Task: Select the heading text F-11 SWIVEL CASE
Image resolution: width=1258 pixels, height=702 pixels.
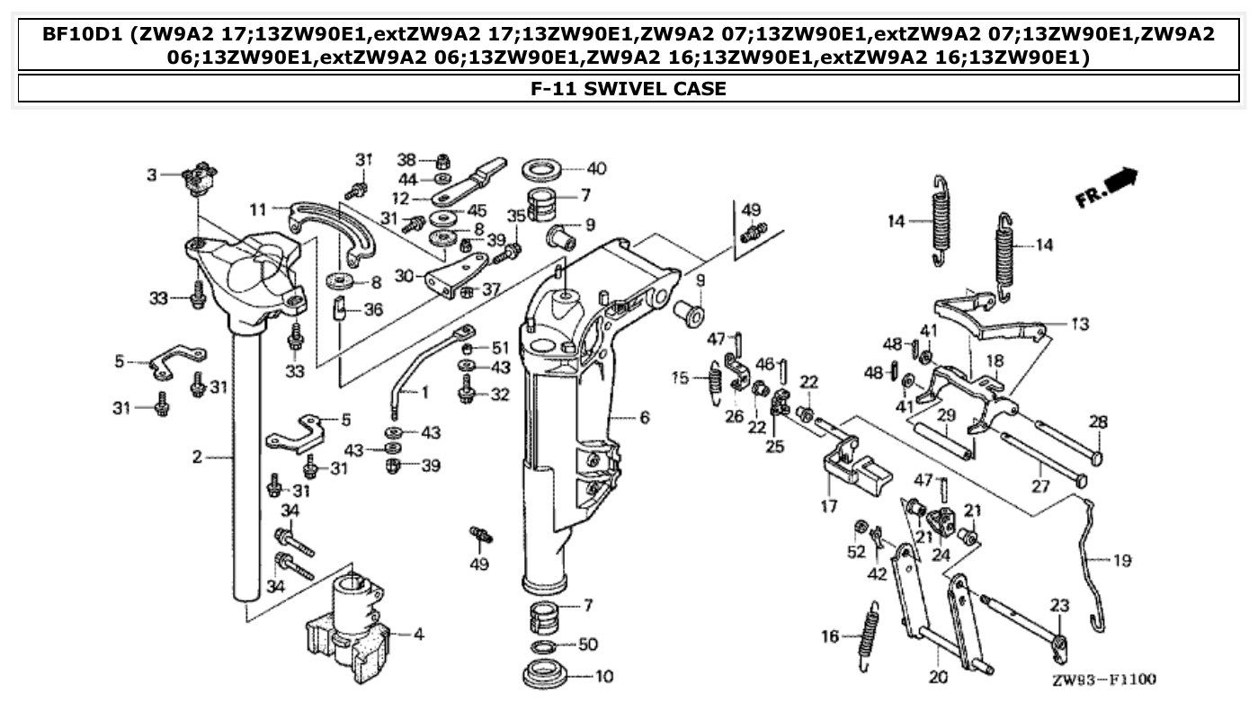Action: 629,88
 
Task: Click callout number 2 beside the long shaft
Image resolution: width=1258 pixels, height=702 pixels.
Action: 197,458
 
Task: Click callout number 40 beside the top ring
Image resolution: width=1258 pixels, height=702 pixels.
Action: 596,168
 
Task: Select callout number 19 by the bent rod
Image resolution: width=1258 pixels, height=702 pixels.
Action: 1121,561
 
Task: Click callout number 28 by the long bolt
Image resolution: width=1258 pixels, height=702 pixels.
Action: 1098,421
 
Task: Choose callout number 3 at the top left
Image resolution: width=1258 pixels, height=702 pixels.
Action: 152,174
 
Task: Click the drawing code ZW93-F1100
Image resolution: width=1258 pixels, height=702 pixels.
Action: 1102,680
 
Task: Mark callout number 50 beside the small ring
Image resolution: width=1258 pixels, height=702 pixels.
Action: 587,644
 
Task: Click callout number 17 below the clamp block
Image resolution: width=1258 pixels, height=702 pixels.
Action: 828,507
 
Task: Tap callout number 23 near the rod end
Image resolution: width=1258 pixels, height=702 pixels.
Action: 1059,606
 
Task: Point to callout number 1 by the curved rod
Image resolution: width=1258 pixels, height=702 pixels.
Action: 424,392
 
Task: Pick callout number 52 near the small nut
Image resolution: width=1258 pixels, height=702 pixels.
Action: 856,551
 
